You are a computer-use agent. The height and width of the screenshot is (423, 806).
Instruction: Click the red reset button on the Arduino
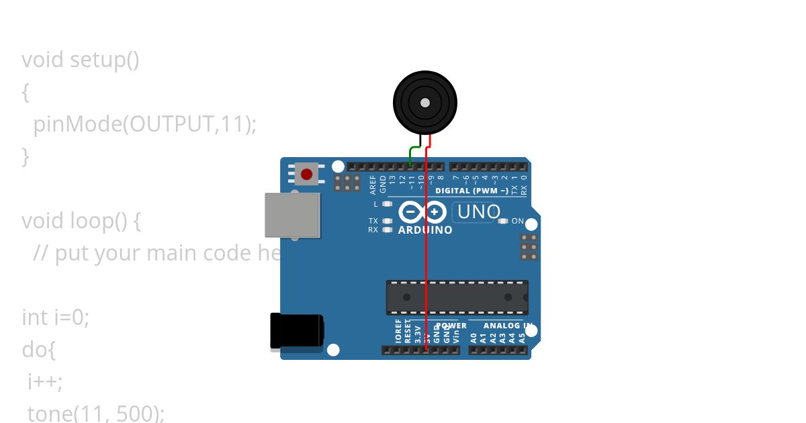click(x=307, y=175)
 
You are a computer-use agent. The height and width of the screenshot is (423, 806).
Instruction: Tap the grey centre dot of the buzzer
click(x=424, y=103)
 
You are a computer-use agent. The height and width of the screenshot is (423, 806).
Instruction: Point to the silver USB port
click(x=292, y=215)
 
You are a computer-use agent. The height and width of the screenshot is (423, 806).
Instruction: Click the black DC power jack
click(x=296, y=331)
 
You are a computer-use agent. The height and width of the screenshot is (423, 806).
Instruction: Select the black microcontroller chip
click(x=457, y=297)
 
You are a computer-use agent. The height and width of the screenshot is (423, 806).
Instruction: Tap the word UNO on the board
click(x=478, y=212)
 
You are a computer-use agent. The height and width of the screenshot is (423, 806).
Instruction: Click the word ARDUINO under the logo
click(x=425, y=230)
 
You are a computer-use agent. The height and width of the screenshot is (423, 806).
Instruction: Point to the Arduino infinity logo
click(x=422, y=212)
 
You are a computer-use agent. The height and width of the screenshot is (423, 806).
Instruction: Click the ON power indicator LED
click(x=503, y=221)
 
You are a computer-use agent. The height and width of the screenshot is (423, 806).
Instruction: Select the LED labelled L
click(x=386, y=203)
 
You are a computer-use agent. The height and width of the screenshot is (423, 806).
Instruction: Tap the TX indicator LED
click(x=386, y=220)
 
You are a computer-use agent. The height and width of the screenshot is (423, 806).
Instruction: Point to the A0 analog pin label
click(x=474, y=337)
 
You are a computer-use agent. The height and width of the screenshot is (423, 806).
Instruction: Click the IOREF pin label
click(x=398, y=332)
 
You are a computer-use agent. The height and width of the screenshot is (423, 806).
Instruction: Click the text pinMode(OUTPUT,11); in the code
click(x=144, y=124)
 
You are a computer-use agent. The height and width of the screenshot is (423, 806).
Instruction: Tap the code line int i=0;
click(x=55, y=317)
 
